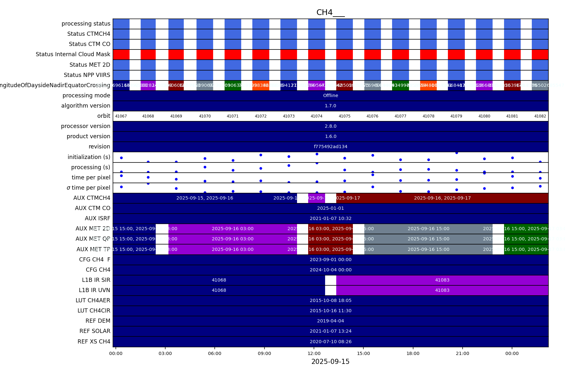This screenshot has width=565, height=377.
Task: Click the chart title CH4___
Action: click(330, 12)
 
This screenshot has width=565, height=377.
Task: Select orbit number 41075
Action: click(345, 116)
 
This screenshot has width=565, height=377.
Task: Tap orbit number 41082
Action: click(540, 116)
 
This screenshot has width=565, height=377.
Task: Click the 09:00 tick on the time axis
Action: click(264, 353)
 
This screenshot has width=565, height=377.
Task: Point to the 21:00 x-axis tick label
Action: click(463, 353)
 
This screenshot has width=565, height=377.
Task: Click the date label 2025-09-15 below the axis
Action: click(330, 362)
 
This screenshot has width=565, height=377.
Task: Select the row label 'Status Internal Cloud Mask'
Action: click(73, 54)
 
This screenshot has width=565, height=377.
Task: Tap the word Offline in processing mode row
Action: click(331, 95)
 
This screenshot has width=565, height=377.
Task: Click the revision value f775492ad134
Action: click(331, 147)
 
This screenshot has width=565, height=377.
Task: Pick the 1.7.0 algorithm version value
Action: click(331, 106)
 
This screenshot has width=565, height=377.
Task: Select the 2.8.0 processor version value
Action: click(331, 126)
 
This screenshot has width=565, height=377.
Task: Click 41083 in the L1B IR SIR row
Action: click(442, 280)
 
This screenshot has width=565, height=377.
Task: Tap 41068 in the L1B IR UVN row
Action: click(219, 290)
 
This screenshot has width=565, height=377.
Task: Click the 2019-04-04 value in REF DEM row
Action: click(331, 321)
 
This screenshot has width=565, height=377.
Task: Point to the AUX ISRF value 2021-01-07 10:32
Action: click(331, 218)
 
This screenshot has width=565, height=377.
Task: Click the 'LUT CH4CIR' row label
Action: click(94, 311)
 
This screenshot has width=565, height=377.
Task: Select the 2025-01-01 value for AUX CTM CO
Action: click(331, 208)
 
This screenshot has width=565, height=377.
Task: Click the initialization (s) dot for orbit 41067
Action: click(121, 158)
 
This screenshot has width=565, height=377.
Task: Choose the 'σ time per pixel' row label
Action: click(88, 188)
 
